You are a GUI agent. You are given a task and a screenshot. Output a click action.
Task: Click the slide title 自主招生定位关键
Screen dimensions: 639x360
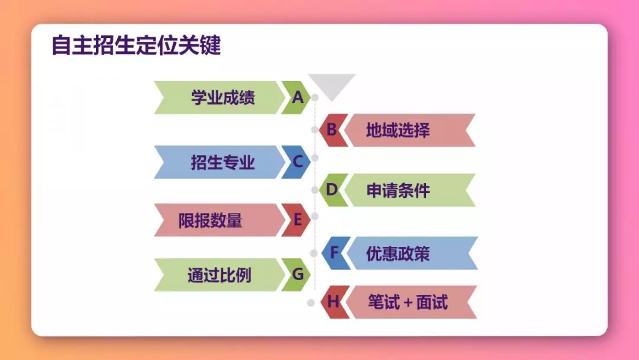tap(136, 45)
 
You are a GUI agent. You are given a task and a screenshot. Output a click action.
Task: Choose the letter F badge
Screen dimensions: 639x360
tap(334, 253)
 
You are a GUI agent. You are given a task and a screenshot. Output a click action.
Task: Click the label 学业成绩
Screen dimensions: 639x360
tap(223, 98)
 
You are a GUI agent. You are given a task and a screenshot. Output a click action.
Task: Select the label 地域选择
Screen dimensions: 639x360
tap(398, 130)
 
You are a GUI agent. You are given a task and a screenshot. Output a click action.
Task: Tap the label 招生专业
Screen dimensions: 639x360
tap(223, 162)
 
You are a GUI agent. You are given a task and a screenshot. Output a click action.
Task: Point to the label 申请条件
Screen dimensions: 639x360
tap(398, 191)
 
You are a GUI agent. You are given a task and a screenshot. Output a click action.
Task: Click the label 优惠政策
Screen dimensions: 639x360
tap(398, 253)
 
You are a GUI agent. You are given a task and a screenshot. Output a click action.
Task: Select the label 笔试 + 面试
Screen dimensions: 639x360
tap(408, 303)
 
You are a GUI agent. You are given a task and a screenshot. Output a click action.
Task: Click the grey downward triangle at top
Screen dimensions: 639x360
tap(332, 85)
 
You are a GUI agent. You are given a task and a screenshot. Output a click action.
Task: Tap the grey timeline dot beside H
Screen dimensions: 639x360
tap(311, 303)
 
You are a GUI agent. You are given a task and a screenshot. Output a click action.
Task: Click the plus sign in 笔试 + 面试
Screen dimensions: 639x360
tap(408, 303)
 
